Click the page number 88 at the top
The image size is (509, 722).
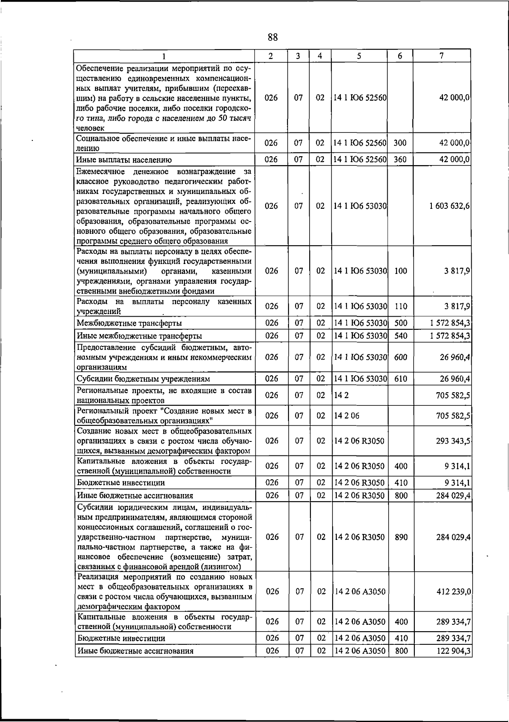[x=273, y=37]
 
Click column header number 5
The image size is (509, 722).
[x=359, y=56]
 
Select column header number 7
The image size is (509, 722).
[x=442, y=56]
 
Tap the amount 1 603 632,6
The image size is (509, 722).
[x=449, y=206]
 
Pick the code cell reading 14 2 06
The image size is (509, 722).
[x=347, y=416]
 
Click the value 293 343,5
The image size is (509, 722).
[x=453, y=441]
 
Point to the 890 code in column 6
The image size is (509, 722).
[x=401, y=537]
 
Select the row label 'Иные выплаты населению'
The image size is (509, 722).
[x=124, y=160]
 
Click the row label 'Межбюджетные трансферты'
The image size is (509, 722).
[x=129, y=323]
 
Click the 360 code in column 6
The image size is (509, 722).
[x=400, y=160]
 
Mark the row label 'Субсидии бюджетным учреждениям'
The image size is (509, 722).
[x=143, y=379]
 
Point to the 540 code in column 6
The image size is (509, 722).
[x=400, y=336]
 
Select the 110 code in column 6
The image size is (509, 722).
[x=400, y=306]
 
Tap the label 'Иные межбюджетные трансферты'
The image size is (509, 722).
[x=139, y=336]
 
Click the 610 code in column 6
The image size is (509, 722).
[x=400, y=379]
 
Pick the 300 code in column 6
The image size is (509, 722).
[x=400, y=143]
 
